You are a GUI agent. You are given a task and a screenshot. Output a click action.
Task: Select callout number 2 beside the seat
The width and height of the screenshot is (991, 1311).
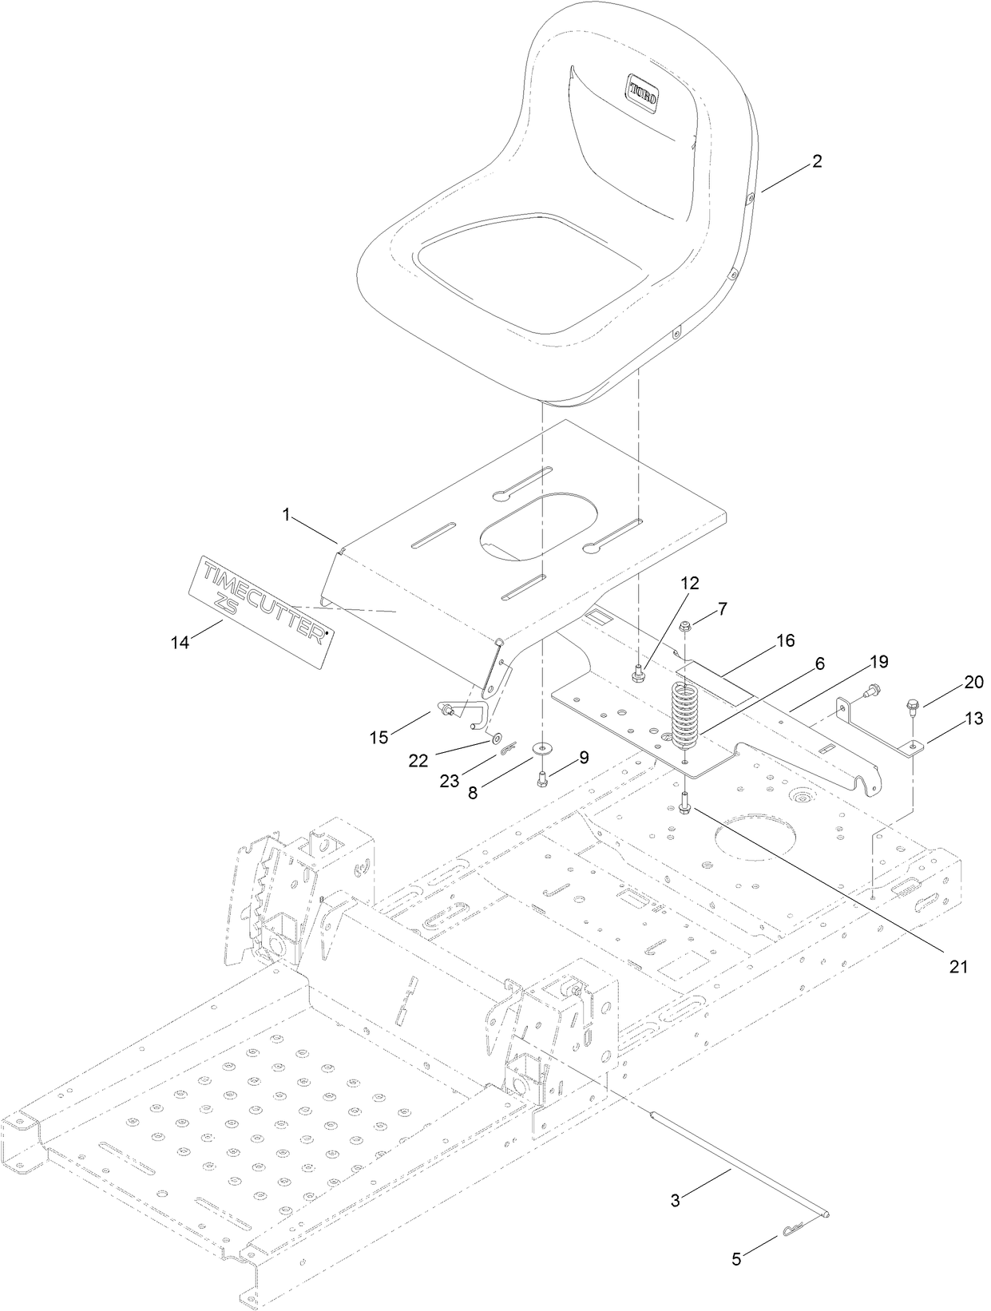coord(816,160)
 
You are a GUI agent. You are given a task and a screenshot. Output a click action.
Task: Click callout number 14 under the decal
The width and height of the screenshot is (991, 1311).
coord(181,640)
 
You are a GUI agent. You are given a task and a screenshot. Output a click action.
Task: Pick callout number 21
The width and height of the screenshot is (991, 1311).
coord(958,967)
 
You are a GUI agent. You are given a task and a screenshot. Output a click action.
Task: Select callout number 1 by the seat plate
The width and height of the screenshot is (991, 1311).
coord(285,516)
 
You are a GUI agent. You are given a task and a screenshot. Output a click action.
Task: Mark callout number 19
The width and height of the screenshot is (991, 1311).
coord(878,661)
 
